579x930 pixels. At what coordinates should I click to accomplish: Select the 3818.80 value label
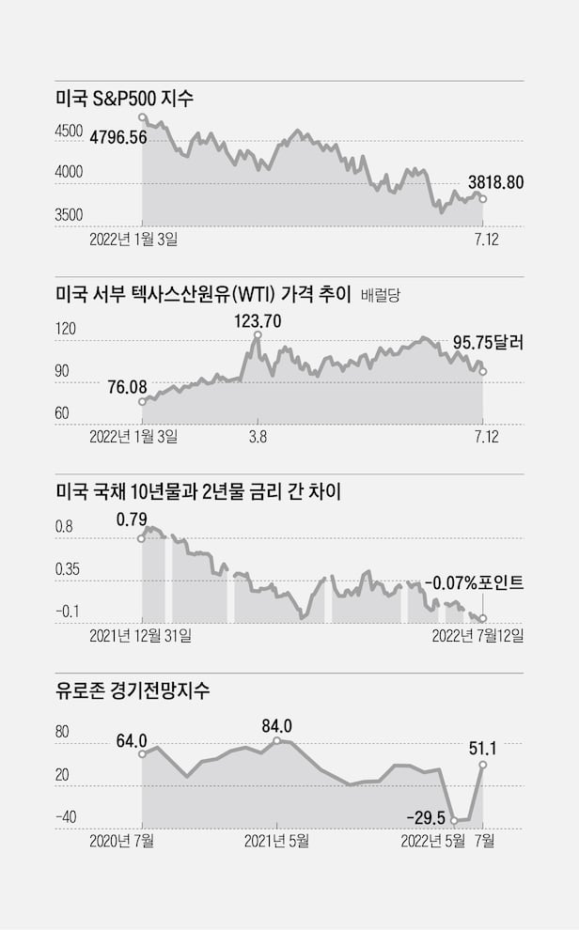(x=495, y=183)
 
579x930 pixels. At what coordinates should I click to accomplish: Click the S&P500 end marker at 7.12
(x=483, y=199)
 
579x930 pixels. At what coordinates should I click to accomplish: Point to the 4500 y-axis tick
(x=69, y=132)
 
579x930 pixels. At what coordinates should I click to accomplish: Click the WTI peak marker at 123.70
(x=258, y=334)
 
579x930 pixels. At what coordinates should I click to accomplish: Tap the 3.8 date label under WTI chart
(x=258, y=437)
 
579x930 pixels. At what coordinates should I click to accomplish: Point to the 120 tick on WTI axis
(x=66, y=331)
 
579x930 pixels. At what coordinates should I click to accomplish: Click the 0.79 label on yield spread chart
(x=132, y=518)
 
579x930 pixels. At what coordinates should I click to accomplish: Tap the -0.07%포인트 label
(x=474, y=582)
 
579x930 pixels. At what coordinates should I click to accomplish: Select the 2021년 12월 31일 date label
(x=140, y=636)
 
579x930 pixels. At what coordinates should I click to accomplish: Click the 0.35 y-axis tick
(x=70, y=569)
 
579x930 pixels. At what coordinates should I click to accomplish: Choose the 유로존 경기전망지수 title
(x=133, y=691)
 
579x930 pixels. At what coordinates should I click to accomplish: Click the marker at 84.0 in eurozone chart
(x=276, y=741)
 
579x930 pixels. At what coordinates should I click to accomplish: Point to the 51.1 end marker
(x=483, y=765)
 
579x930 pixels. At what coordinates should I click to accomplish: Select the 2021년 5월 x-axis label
(x=276, y=841)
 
